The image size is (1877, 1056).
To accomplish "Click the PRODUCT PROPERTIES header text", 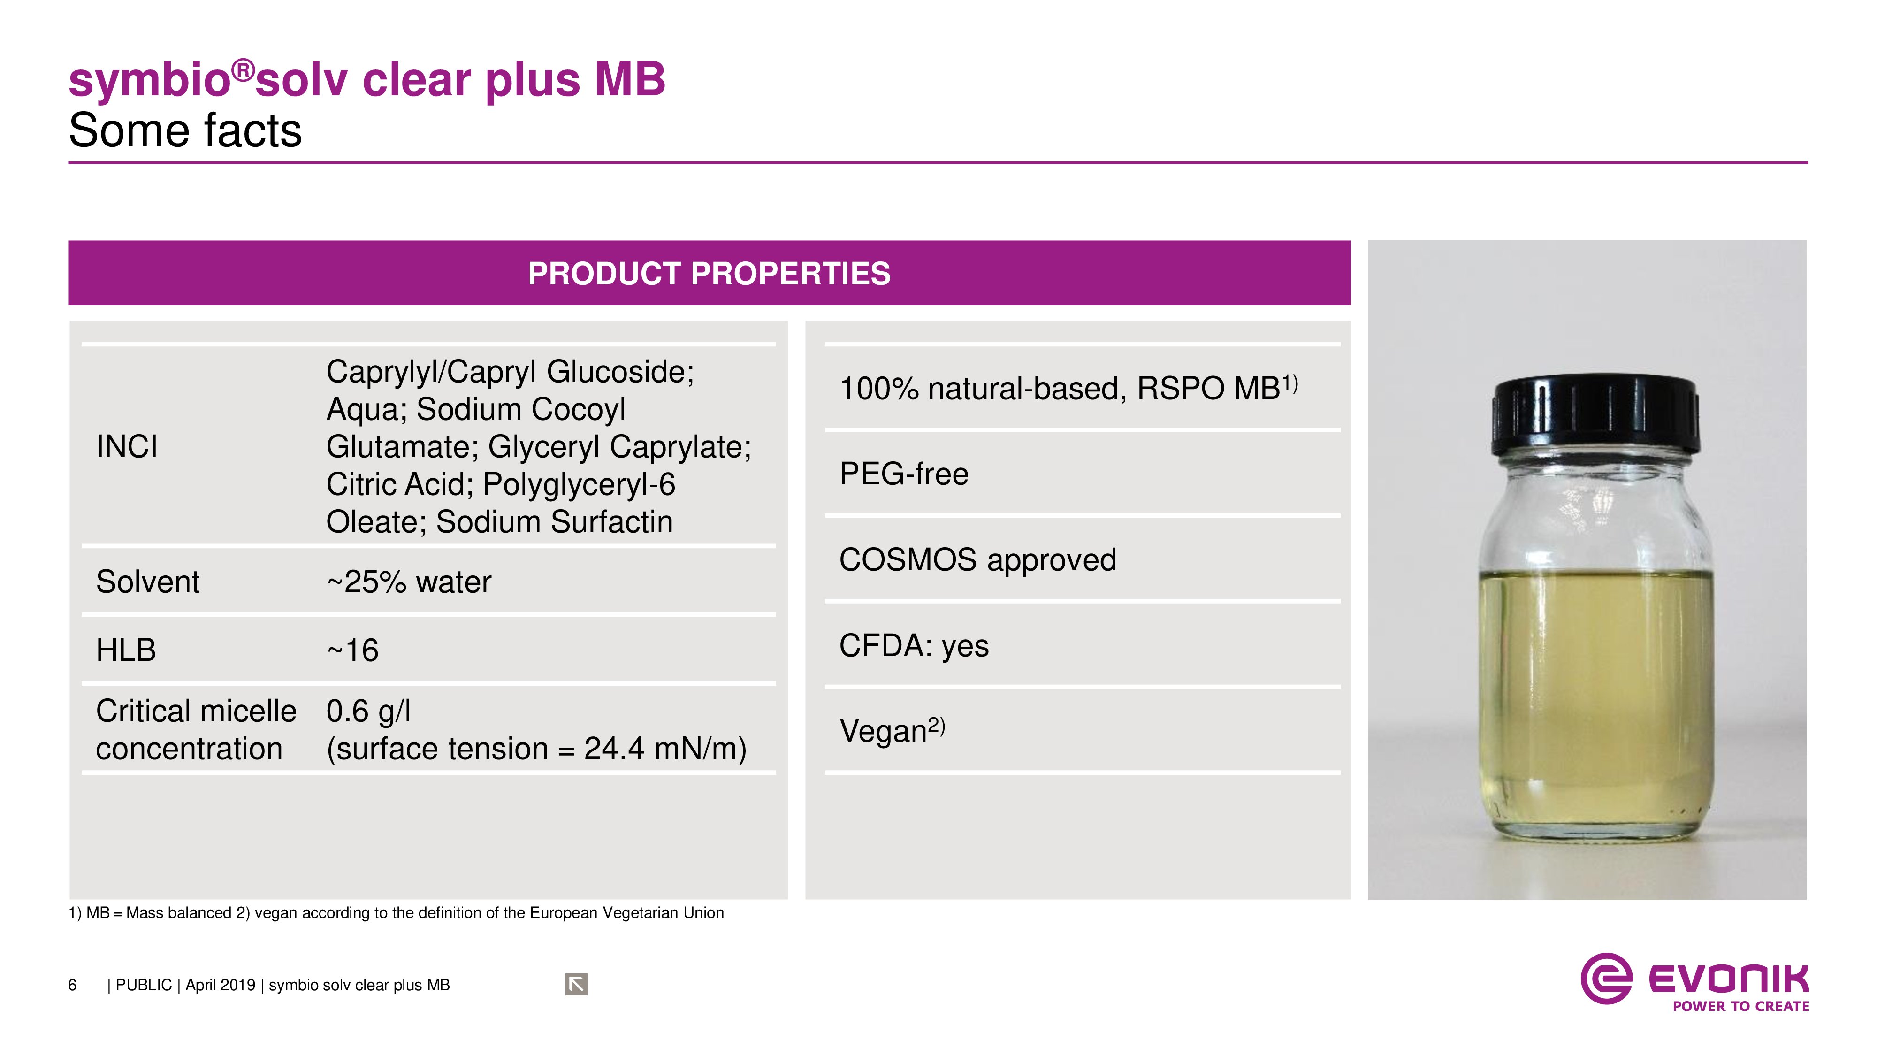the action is pos(709,274).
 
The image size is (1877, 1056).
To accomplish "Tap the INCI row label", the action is pos(127,447).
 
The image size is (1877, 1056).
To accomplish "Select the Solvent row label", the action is pos(147,582).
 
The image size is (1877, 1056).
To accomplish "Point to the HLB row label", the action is pos(126,650).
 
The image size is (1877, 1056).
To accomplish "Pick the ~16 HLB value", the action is pos(353,650).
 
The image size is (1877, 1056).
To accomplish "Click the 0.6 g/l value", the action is pos(369,712).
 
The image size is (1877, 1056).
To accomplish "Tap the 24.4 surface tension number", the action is pos(614,749).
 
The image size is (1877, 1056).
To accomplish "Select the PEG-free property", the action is pos(903,474).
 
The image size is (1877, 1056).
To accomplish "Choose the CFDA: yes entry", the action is pos(914,646).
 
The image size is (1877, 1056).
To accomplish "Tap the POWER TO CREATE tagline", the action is pos(1741,1006).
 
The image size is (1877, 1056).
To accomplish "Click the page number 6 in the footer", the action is pos(72,985).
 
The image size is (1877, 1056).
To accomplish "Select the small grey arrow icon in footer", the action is pos(576,985).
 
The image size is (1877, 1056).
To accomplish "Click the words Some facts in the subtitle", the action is pos(185,131).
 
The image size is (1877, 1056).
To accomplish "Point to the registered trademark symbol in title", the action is pos(244,71).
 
